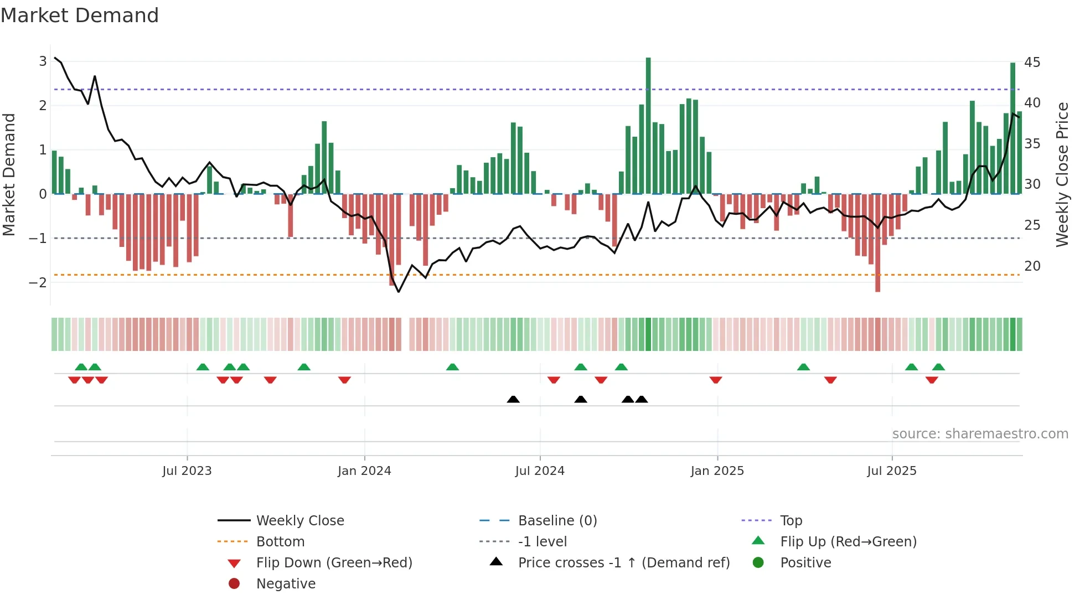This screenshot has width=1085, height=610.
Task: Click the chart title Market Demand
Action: point(80,15)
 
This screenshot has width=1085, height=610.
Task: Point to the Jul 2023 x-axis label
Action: point(187,471)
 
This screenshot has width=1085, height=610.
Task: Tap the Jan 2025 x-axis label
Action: point(717,471)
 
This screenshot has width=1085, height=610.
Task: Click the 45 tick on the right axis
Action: point(1032,63)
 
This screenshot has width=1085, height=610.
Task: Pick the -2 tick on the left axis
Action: point(38,282)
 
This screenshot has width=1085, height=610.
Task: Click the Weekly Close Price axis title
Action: point(1062,174)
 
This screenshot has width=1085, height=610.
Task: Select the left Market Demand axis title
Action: point(9,174)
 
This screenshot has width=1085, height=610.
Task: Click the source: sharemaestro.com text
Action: point(980,434)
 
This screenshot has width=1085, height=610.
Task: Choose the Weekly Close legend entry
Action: point(299,521)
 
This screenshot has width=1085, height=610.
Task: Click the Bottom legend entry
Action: point(280,542)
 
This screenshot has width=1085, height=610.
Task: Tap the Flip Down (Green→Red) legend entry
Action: point(334,563)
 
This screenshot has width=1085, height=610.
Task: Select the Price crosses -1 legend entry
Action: point(623,563)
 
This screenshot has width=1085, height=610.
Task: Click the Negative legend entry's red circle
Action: point(234,584)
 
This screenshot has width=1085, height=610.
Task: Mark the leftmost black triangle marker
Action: point(513,400)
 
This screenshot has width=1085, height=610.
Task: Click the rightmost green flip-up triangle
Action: point(938,367)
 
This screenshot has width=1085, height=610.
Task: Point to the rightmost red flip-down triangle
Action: point(932,380)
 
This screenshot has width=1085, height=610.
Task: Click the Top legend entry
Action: point(790,521)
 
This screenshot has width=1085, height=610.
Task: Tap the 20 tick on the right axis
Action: point(1032,266)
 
